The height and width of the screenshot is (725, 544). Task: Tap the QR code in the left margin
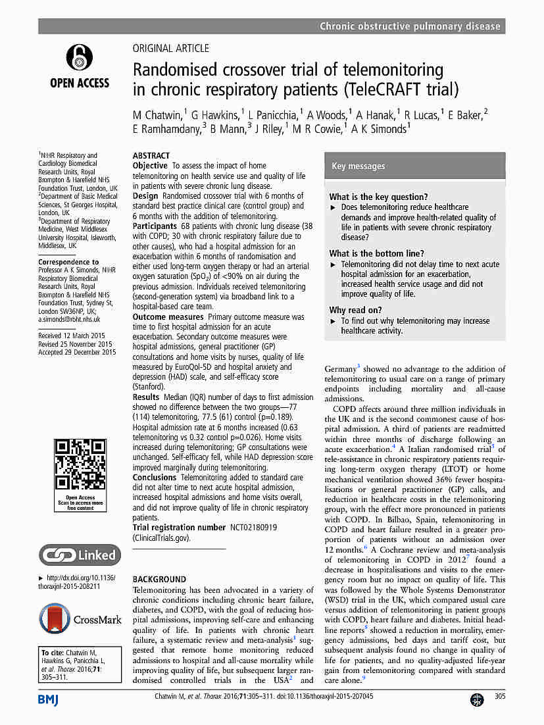point(80,468)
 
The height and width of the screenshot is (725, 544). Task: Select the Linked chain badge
point(80,555)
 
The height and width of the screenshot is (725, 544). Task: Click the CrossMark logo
point(80,619)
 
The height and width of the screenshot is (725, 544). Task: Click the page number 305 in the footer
point(499,696)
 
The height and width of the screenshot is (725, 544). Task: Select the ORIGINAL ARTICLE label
point(171,48)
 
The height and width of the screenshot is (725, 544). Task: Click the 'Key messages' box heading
point(359,166)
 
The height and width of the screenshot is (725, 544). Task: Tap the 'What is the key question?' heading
point(378,197)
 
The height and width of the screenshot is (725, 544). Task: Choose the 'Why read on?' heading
point(355,310)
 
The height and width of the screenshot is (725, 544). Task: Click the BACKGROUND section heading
point(159,579)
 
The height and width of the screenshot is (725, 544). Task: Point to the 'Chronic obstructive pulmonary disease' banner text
point(410,26)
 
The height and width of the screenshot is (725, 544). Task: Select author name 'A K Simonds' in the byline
point(379,129)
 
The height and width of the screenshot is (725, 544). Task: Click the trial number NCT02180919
point(253,527)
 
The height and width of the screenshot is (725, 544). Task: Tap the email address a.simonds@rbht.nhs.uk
point(69,319)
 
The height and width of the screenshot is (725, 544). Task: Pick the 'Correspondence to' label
point(68,262)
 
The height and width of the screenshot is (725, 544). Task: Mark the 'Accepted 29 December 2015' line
point(77,352)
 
